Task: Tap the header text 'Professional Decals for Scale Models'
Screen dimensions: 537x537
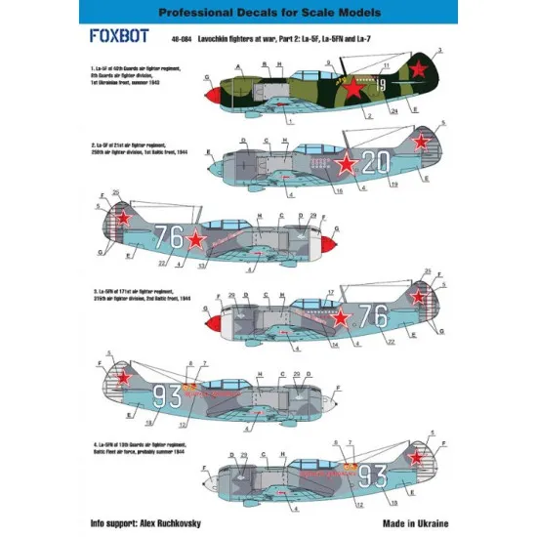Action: pos(268,13)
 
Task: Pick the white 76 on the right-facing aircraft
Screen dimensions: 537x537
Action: pos(373,315)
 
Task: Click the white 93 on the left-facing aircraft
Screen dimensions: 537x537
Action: pos(169,395)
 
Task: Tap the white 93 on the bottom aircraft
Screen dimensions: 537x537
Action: pos(373,475)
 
